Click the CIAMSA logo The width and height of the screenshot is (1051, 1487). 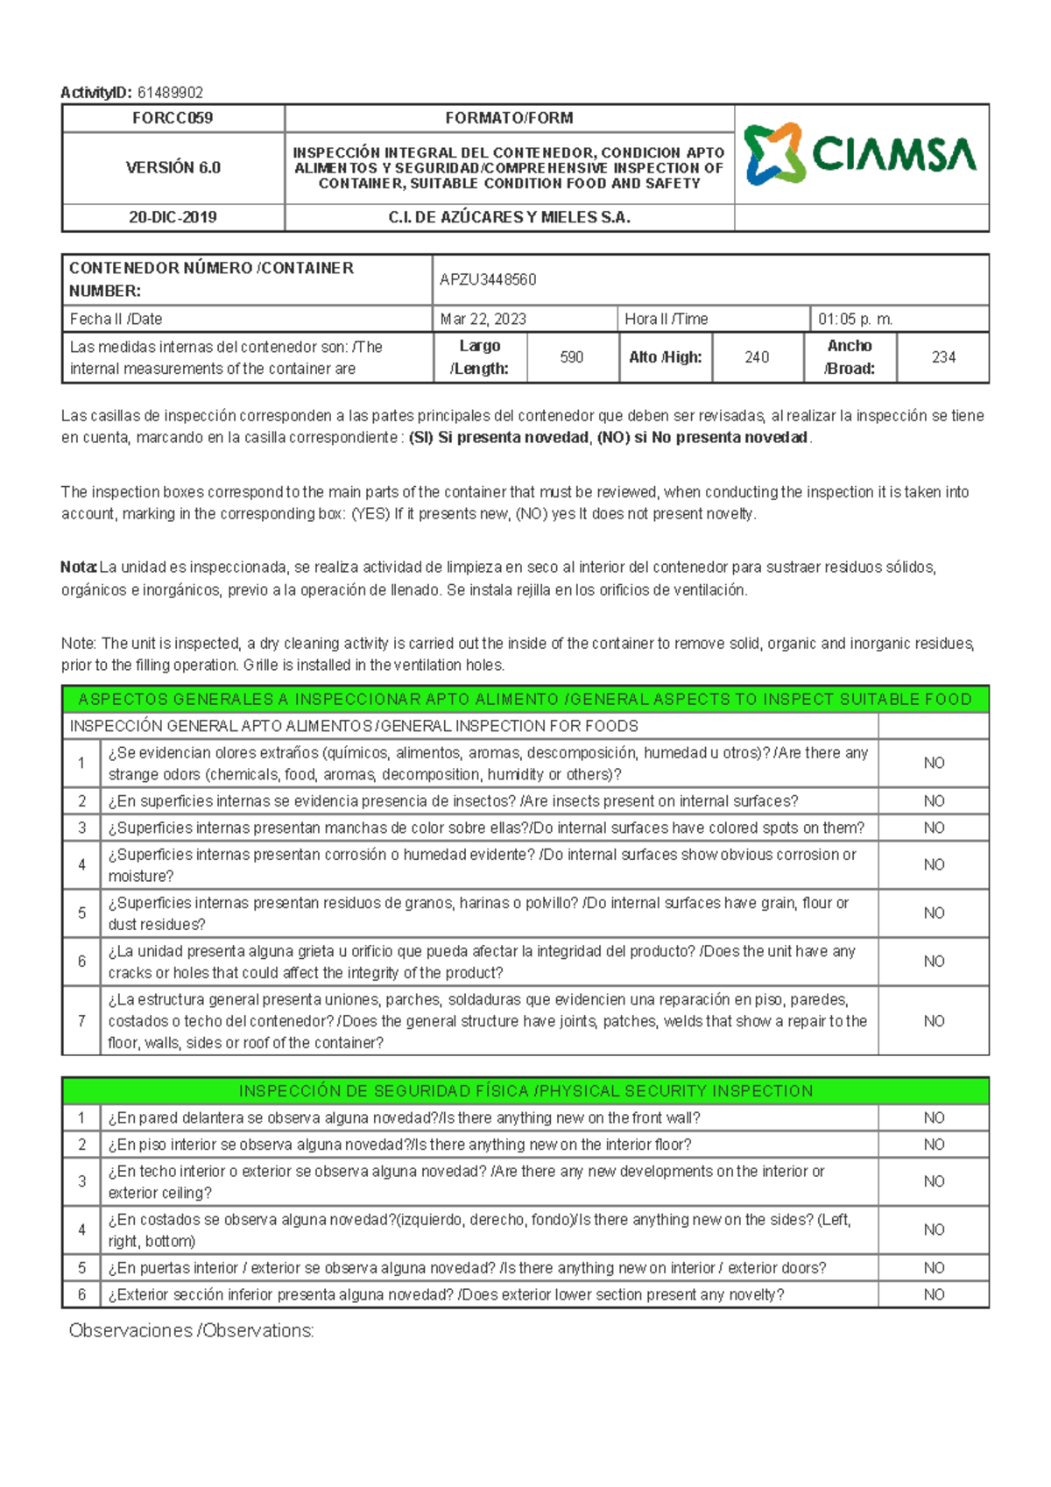[x=860, y=154]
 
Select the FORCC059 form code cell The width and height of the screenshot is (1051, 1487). [x=173, y=118]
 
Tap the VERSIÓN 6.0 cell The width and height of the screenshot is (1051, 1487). [x=173, y=167]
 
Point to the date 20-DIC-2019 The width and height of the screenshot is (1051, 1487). [x=173, y=217]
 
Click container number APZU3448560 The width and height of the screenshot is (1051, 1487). [x=488, y=279]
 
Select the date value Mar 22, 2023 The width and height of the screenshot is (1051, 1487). [x=483, y=319]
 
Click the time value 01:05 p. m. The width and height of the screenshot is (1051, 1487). [x=855, y=319]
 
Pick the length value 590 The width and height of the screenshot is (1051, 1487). [x=571, y=357]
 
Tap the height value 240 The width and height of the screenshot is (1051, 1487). [x=757, y=357]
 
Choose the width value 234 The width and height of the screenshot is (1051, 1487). [x=943, y=357]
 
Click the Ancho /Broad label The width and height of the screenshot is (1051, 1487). [x=850, y=357]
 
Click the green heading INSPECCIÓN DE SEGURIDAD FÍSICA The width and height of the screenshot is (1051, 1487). [x=525, y=1091]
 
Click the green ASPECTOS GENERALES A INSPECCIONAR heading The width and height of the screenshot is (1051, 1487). [x=525, y=699]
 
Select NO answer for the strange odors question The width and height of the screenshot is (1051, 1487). [x=934, y=764]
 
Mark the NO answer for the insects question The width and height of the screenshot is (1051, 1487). [x=934, y=801]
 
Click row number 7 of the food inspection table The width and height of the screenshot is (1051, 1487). [x=81, y=1021]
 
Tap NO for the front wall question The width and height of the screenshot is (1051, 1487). [x=934, y=1118]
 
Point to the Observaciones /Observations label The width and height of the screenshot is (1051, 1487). [x=191, y=1331]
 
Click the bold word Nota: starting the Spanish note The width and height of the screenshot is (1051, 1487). [x=79, y=567]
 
